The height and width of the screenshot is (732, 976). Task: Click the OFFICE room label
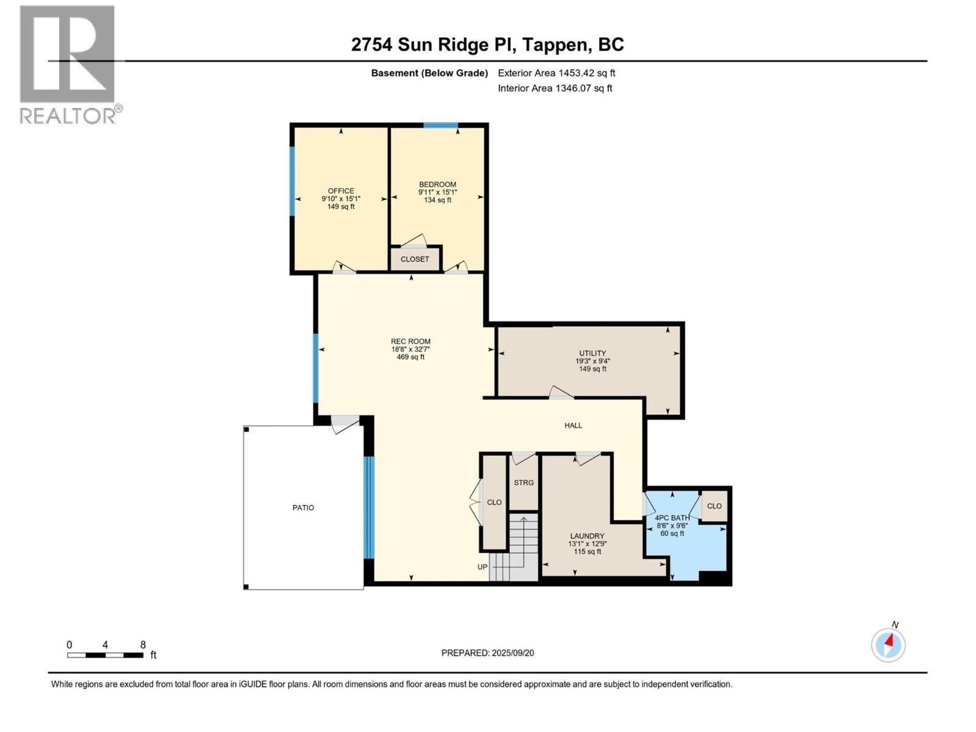pos(340,191)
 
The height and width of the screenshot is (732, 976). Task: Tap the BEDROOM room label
pos(437,184)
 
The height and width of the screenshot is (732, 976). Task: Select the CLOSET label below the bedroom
pos(415,259)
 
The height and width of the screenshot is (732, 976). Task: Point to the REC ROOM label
pos(411,342)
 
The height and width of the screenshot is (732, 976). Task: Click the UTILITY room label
pos(592,353)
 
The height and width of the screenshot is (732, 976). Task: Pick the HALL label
pos(573,425)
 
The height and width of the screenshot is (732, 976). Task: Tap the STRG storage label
pos(523,483)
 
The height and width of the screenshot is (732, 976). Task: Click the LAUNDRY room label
pos(587,536)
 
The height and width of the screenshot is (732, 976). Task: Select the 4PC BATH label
pos(672,518)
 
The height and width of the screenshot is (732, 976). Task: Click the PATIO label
pos(303,508)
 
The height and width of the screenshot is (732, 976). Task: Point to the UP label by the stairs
pos(482,567)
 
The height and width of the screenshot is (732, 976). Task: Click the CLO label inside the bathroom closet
pos(714,506)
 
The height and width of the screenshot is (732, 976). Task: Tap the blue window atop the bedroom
pos(440,126)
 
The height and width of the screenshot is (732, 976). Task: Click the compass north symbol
pos(888,644)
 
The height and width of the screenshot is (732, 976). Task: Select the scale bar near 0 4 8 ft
pos(105,655)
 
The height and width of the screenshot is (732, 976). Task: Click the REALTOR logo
pos(68,64)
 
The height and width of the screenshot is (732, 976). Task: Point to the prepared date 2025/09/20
pos(487,653)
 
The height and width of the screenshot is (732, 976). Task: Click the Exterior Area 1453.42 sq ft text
pos(556,73)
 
